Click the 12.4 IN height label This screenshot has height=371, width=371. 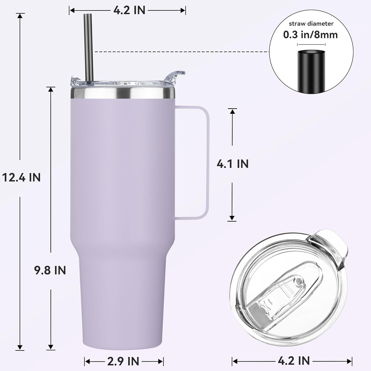click(x=22, y=177)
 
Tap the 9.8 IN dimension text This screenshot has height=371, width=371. click(x=50, y=270)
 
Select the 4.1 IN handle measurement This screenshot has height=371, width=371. click(x=233, y=164)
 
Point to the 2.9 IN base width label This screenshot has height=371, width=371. click(x=123, y=361)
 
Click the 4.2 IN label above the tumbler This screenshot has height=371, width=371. click(x=129, y=10)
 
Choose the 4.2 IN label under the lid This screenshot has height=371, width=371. click(x=294, y=360)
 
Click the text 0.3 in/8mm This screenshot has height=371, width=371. click(x=310, y=35)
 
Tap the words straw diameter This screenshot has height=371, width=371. click(x=311, y=24)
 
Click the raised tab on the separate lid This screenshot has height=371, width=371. click(x=330, y=250)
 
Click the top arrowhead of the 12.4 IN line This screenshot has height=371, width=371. click(x=20, y=15)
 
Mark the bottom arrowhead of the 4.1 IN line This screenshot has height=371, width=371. click(x=232, y=218)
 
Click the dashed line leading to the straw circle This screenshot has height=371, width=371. click(x=180, y=52)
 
